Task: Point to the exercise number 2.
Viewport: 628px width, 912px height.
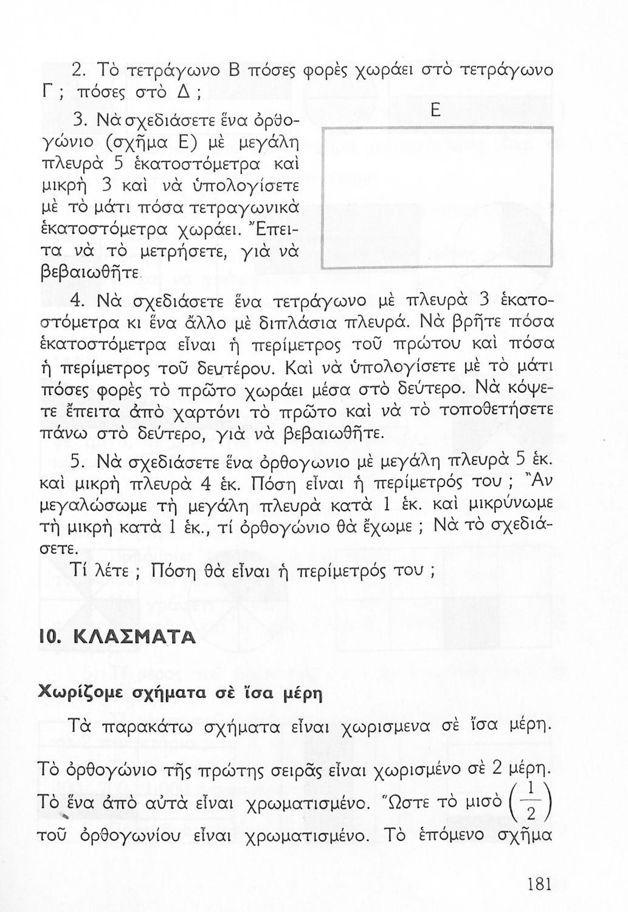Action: click(77, 70)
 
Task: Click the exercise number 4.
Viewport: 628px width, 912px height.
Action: click(77, 302)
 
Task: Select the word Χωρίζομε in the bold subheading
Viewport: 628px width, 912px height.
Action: click(75, 693)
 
